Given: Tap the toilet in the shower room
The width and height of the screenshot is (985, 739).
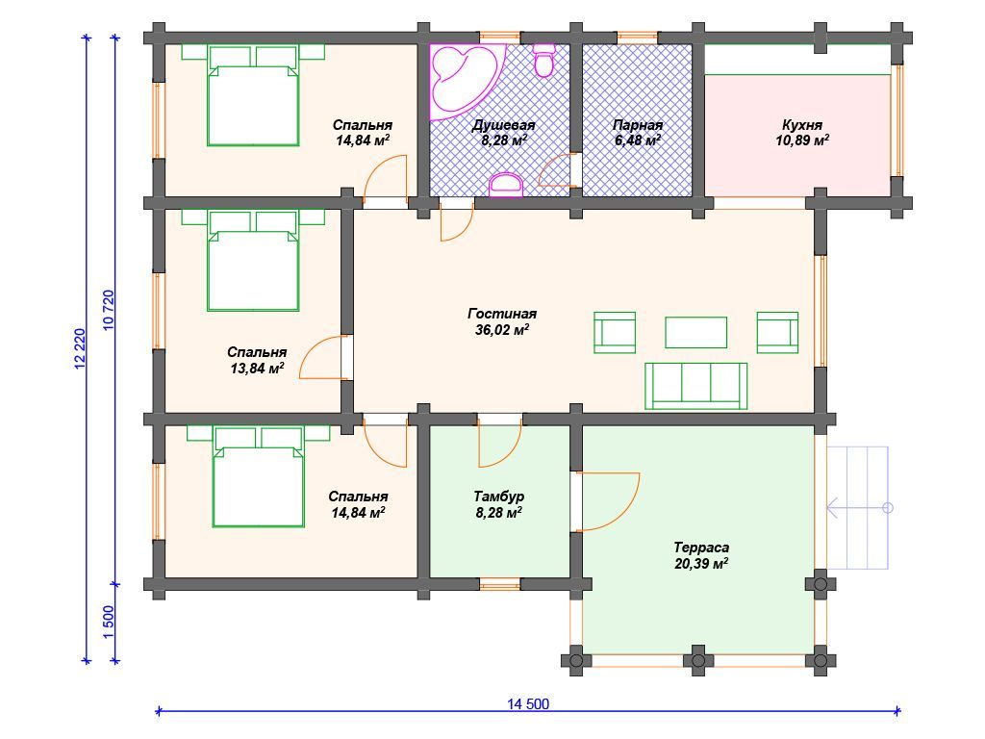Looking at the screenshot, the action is tap(543, 61).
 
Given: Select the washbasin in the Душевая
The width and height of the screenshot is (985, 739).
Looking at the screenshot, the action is tap(506, 186).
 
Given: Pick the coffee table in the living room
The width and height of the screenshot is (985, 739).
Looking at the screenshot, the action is tap(696, 332).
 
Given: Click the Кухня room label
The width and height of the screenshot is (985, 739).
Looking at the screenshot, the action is tap(802, 124).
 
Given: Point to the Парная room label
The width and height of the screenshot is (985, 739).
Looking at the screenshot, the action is tap(638, 124).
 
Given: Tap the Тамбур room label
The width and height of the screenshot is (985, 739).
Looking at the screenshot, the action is tap(499, 497).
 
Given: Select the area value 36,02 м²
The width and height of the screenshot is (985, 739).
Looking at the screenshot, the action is tap(502, 329).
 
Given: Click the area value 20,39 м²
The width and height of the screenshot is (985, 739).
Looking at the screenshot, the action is tap(701, 563).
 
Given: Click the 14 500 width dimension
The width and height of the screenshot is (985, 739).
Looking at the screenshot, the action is tap(528, 703).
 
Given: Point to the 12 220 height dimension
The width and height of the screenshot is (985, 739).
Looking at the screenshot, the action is tap(79, 348).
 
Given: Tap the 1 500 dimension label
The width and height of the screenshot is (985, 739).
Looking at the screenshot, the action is tap(108, 623).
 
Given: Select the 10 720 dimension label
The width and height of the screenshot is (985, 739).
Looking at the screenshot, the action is tap(108, 311).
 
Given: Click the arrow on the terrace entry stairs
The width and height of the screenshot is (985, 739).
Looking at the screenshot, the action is tap(859, 507).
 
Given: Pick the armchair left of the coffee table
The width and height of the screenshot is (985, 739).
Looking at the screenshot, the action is tap(615, 332).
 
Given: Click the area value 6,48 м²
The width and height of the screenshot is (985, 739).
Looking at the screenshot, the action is tap(638, 140).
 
